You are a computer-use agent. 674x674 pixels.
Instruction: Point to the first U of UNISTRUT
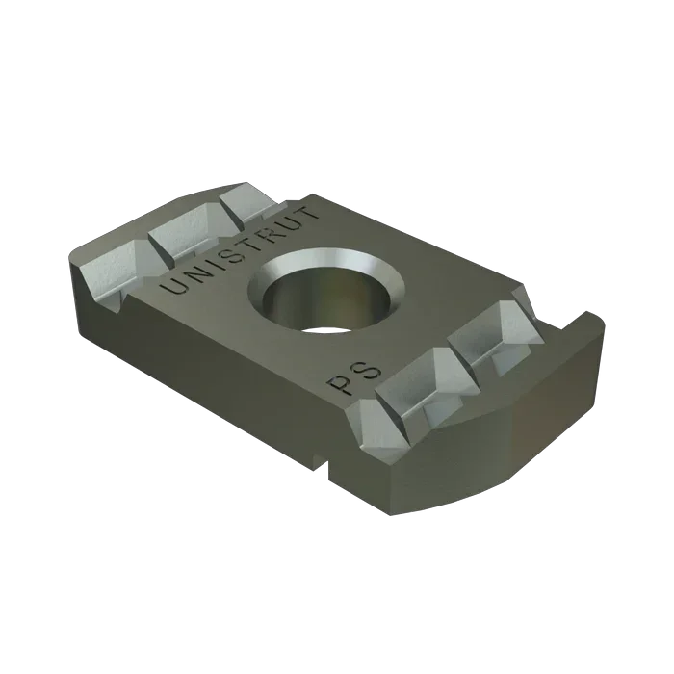(173, 286)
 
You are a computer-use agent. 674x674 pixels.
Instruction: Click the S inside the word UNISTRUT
(219, 258)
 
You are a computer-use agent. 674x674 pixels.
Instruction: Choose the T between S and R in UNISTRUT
(232, 249)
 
